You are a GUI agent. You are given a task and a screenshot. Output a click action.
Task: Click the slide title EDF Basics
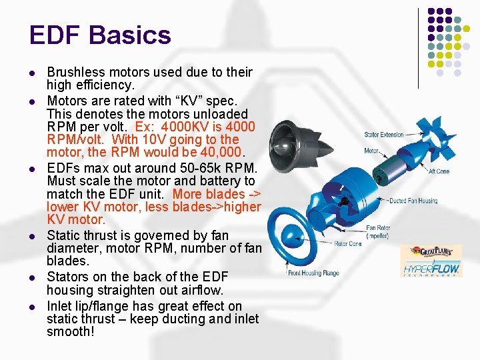(100, 35)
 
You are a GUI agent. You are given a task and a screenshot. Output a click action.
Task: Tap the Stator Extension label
(384, 135)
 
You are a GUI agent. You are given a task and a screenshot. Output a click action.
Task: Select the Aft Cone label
(439, 171)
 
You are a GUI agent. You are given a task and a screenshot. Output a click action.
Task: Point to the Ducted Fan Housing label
(413, 201)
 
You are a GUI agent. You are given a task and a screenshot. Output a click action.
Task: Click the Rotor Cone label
(348, 244)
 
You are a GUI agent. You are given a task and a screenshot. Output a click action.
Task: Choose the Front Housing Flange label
(313, 273)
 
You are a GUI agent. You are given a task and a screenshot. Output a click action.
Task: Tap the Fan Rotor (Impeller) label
(378, 232)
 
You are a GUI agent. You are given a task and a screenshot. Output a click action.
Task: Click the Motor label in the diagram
(371, 151)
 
